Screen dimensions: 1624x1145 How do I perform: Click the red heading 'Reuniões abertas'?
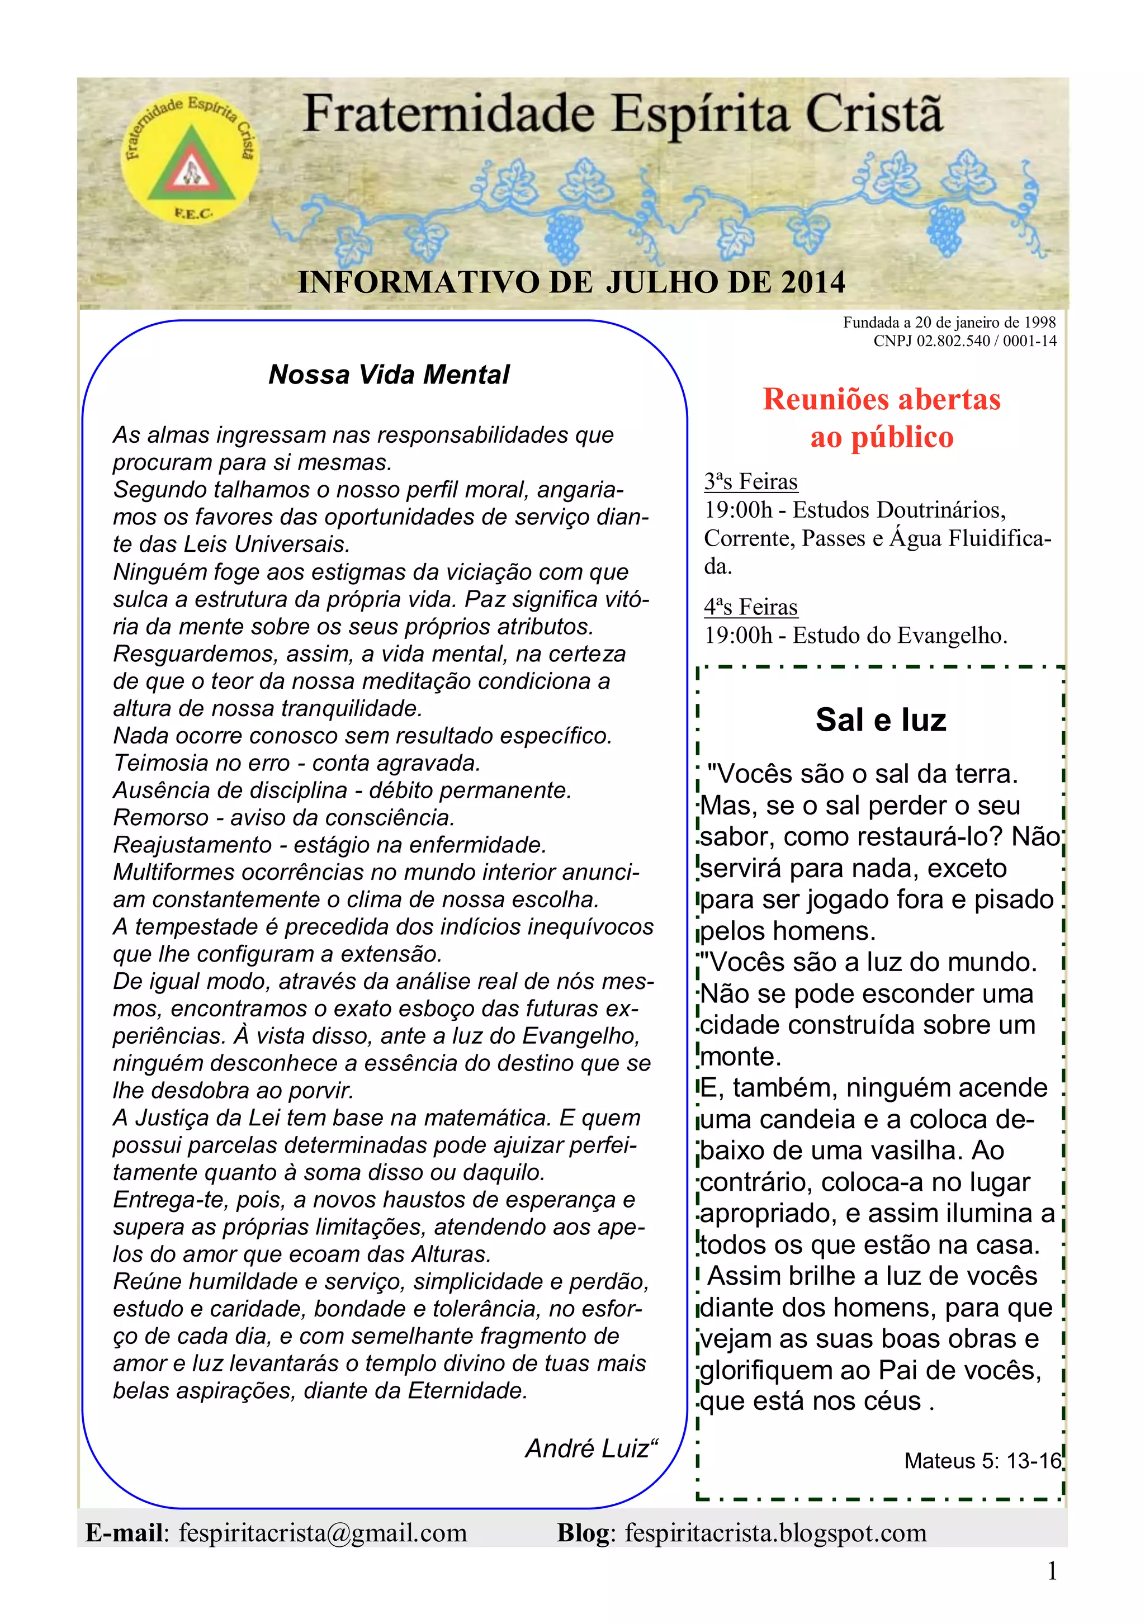click(881, 400)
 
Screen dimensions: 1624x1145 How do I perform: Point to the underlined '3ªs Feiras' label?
click(750, 482)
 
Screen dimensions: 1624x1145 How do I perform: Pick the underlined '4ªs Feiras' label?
click(750, 607)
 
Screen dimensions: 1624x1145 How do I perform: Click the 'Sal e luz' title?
click(881, 720)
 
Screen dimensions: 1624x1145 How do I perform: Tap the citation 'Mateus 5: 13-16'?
click(982, 1461)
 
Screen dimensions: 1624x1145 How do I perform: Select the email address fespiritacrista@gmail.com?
click(323, 1533)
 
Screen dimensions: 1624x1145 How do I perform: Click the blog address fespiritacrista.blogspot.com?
click(775, 1533)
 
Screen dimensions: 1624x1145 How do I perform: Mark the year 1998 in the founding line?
click(1040, 323)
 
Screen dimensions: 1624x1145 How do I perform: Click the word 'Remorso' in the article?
click(160, 818)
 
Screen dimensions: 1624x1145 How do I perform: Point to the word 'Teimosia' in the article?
click(163, 763)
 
